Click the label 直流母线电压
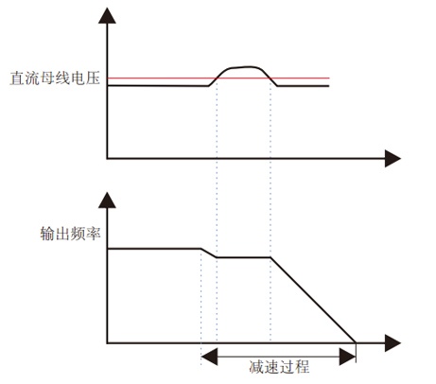click(55, 79)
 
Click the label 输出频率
click(70, 234)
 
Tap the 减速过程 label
click(279, 367)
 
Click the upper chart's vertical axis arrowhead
click(107, 16)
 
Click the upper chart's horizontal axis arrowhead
click(392, 158)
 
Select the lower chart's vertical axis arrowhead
click(107, 201)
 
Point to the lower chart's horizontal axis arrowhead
click(392, 342)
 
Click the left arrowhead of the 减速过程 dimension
click(209, 357)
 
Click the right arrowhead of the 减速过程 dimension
click(347, 357)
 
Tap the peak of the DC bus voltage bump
click(249, 66)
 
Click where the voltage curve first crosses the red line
click(217, 78)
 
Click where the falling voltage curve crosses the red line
click(270, 78)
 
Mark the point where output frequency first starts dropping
click(201, 249)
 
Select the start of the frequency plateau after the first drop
click(217, 257)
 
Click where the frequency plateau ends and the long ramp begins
click(270, 257)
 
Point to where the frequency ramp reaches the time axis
click(356, 342)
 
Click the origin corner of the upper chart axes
click(107, 158)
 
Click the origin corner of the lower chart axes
click(107, 342)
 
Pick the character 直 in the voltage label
click(17, 79)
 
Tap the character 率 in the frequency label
click(94, 234)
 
